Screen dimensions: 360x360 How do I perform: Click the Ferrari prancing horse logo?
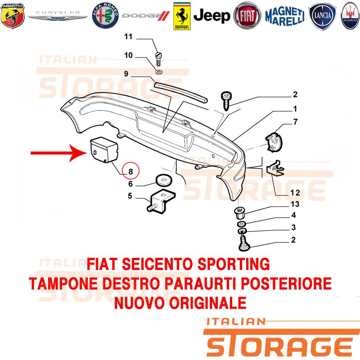tap(182, 16)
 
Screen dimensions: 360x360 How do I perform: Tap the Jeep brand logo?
tap(211, 16)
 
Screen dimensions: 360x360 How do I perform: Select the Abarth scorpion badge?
tap(13, 16)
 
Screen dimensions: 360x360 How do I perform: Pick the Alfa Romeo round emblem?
tap(105, 16)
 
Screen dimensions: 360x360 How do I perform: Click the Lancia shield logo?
tap(322, 16)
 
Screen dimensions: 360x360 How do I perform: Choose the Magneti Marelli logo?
tap(285, 16)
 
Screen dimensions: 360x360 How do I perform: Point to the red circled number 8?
tap(130, 171)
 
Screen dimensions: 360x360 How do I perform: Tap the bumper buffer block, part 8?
tap(104, 150)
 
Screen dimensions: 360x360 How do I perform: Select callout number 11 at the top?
tap(128, 36)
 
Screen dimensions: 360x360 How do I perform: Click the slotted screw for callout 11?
tap(158, 59)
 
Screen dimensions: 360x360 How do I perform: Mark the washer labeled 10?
tap(159, 72)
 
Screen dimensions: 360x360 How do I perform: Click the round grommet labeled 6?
tap(163, 180)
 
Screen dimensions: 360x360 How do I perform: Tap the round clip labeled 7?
tap(274, 142)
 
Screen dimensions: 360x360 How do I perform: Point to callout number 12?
tap(295, 193)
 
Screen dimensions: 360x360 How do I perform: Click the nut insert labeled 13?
tap(239, 213)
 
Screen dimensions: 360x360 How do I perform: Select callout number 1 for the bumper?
tap(295, 108)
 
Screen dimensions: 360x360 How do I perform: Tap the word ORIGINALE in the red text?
tap(208, 302)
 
